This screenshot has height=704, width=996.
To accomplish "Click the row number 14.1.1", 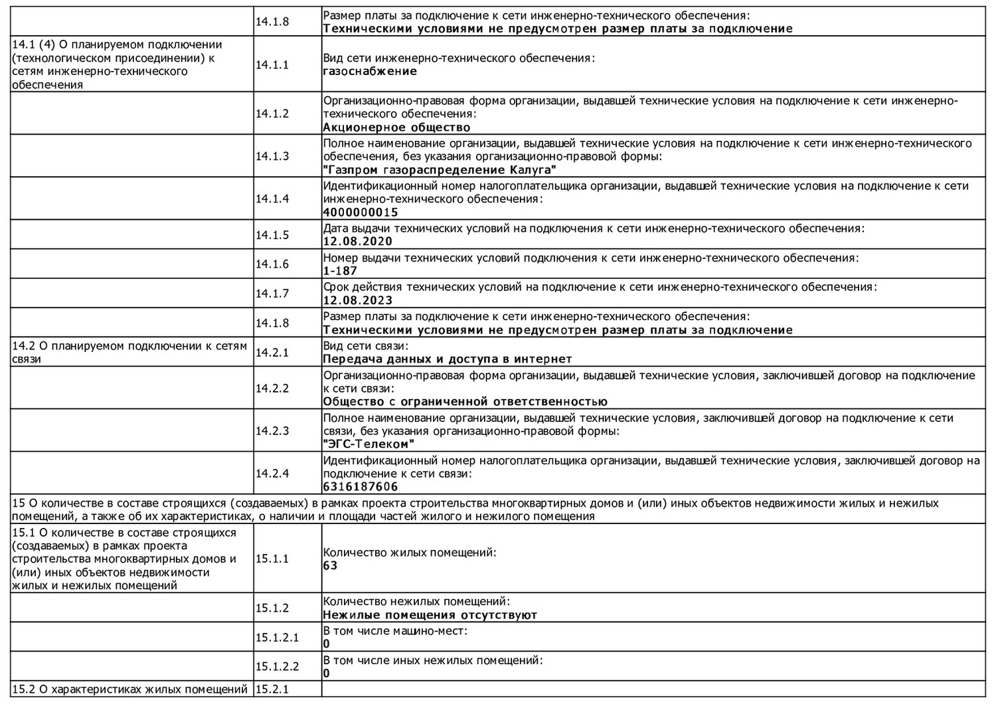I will tap(272, 65).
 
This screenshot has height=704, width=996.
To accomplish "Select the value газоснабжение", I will tap(370, 72).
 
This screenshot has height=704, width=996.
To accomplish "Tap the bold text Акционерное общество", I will tap(396, 128).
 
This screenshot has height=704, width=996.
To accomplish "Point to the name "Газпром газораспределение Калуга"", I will tap(440, 170).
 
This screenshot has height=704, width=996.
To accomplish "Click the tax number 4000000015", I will tap(361, 213).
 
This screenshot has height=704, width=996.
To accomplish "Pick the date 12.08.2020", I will tap(357, 242).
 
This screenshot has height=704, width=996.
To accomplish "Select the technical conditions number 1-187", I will tap(340, 271).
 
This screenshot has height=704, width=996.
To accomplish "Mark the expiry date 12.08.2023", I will tap(357, 300).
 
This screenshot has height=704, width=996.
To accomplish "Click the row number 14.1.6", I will tap(272, 264).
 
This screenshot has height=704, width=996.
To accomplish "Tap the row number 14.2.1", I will tap(272, 353).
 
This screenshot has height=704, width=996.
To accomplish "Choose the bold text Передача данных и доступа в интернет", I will tap(447, 359).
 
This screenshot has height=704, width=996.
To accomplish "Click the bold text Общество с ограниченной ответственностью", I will tap(465, 402).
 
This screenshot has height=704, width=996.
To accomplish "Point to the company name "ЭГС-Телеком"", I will tap(369, 444).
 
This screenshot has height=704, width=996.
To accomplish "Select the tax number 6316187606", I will tap(361, 487).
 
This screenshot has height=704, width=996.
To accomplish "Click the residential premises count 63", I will tap(330, 566).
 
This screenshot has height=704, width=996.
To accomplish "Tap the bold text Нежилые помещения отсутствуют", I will tap(430, 615).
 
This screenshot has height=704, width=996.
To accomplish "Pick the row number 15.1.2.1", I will tap(277, 638).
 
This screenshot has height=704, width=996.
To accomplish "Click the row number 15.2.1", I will tap(272, 689).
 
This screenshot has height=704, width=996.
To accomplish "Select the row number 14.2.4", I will tap(272, 474).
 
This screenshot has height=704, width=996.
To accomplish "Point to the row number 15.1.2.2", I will tap(277, 667).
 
